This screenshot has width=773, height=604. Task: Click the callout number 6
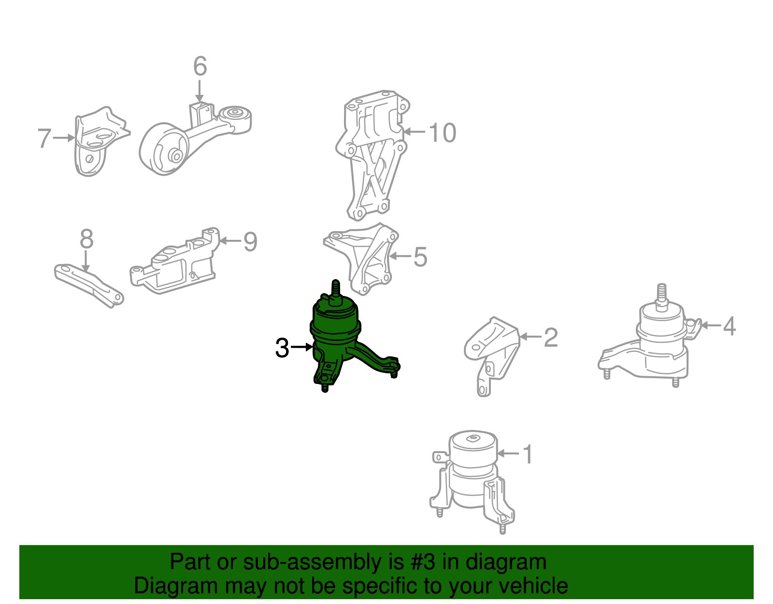tap(200, 66)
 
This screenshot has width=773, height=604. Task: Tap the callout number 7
tap(44, 138)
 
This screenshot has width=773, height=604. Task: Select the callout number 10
tap(442, 133)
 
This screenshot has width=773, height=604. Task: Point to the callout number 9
tap(250, 242)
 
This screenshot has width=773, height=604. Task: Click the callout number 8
tap(86, 239)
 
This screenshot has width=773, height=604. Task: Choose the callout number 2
tap(551, 338)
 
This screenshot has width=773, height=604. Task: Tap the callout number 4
tap(730, 326)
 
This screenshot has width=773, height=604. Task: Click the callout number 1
tap(528, 454)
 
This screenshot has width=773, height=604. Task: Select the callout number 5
tap(420, 257)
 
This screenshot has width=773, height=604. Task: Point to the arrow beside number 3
tap(301, 347)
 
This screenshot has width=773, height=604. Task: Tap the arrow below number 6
tap(200, 91)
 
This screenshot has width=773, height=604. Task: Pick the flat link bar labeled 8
tap(89, 285)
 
